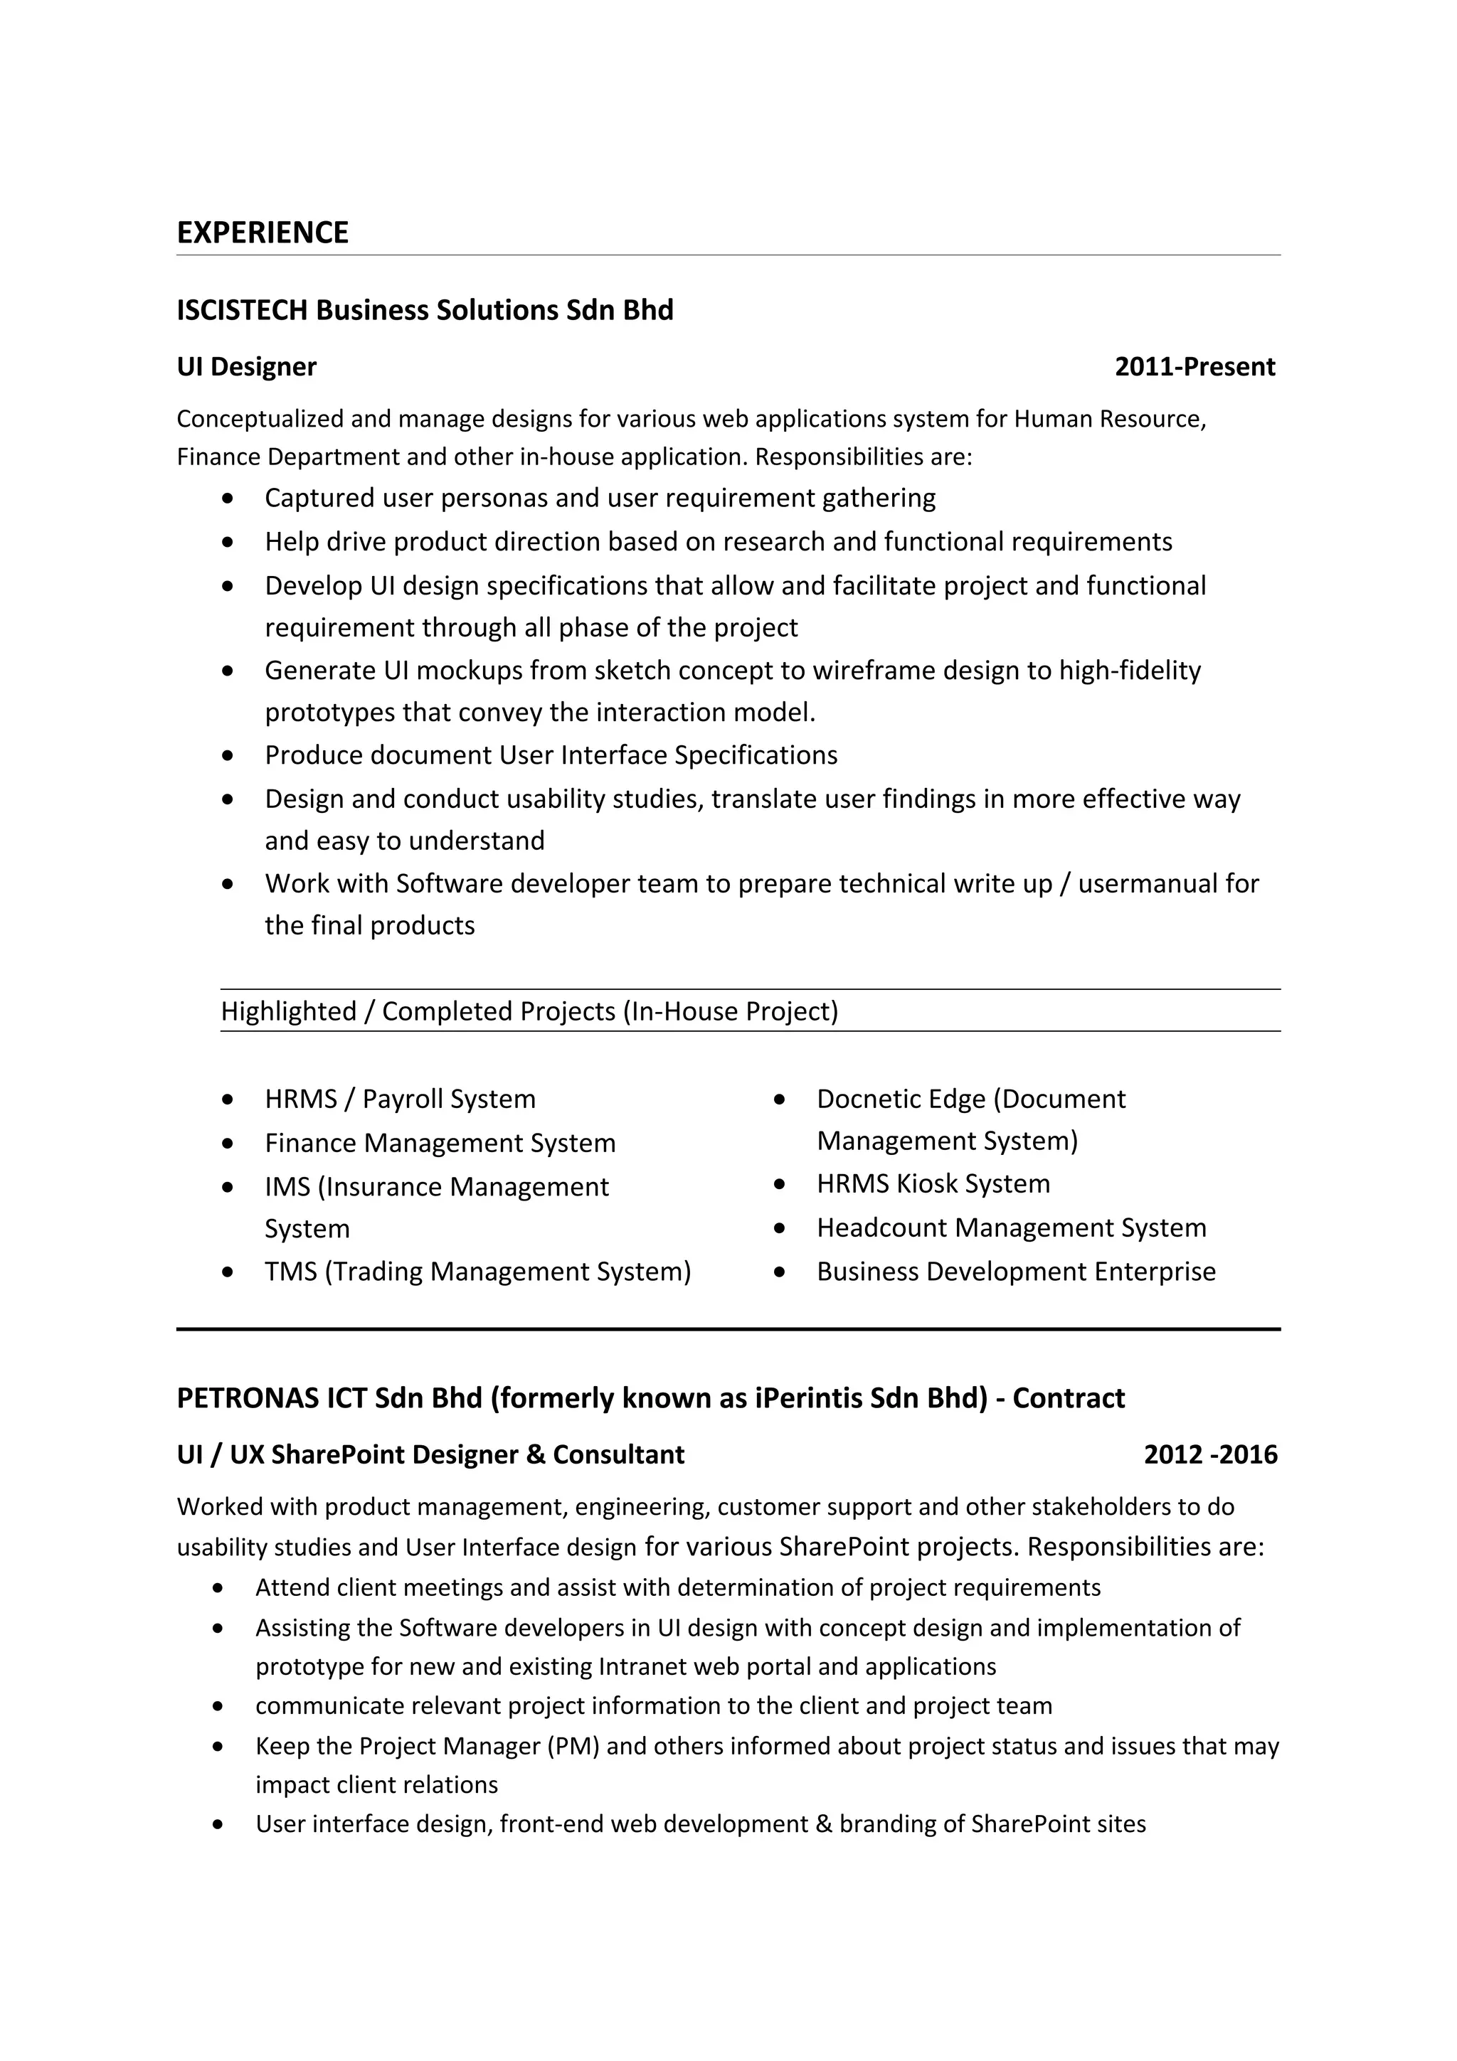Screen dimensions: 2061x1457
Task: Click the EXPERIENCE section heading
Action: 262,233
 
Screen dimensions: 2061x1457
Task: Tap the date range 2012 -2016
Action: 1210,1455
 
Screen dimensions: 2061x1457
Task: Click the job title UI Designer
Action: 246,367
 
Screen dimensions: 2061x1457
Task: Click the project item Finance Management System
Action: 440,1144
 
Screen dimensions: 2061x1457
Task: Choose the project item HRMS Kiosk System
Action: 933,1184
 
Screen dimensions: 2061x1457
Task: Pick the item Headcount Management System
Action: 1011,1228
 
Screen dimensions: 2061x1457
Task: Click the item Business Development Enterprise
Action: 1015,1272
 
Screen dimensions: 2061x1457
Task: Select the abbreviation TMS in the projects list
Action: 289,1272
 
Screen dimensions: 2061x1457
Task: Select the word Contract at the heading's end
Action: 1069,1398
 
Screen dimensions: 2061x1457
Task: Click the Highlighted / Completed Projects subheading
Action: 529,1011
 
